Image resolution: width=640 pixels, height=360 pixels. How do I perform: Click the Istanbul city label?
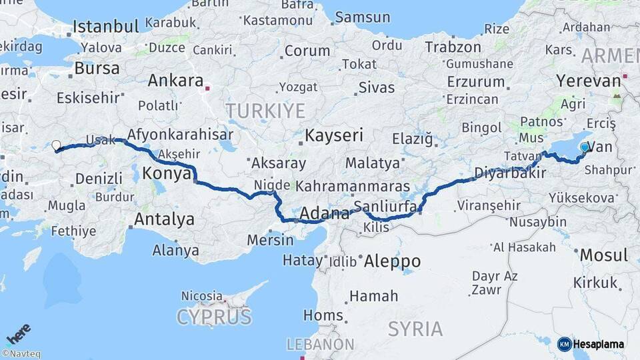(105, 27)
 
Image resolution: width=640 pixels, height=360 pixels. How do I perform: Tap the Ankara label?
(175, 81)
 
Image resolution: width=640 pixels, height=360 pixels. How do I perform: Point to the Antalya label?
(164, 219)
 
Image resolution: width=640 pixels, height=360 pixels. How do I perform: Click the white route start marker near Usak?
(56, 145)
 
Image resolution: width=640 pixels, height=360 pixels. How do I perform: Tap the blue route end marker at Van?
(585, 147)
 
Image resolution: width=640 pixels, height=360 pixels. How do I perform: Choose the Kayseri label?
(334, 136)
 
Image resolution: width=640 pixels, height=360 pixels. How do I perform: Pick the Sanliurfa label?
(385, 205)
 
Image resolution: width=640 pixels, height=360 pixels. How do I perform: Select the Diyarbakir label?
(510, 173)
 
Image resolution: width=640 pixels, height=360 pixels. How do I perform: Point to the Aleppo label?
(393, 261)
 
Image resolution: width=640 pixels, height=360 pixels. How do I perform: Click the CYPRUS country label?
(214, 317)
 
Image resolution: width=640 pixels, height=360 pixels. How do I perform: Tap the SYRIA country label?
(415, 329)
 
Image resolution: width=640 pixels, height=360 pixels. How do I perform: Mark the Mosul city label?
(603, 255)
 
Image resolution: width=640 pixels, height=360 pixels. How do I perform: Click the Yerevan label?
(588, 81)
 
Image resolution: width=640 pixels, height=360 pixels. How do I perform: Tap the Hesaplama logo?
(591, 344)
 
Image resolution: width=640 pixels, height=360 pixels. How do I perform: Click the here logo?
(19, 334)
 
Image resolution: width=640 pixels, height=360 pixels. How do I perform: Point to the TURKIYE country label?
(265, 111)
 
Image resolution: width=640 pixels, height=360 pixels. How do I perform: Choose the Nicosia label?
(201, 295)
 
